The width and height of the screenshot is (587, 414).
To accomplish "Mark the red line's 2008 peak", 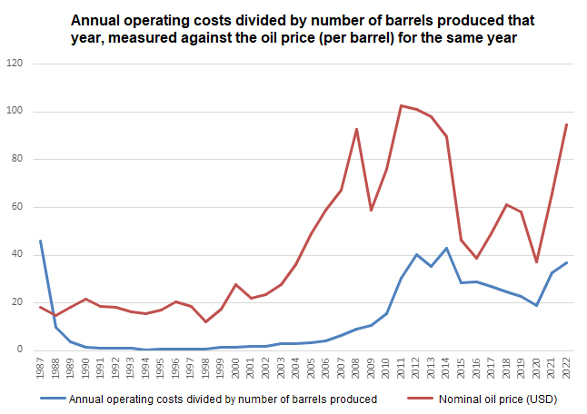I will click(356, 129).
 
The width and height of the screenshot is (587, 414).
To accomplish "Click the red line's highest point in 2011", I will click(401, 105).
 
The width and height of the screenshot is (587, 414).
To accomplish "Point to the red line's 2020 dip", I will click(536, 261).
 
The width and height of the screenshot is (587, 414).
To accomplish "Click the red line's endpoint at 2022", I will click(566, 124).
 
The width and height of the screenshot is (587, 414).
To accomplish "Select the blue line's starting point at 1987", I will click(41, 241).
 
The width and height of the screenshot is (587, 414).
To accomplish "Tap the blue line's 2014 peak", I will click(446, 248).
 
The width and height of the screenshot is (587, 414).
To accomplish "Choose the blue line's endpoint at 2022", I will click(566, 262).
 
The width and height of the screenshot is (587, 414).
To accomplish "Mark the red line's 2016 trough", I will click(476, 258).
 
